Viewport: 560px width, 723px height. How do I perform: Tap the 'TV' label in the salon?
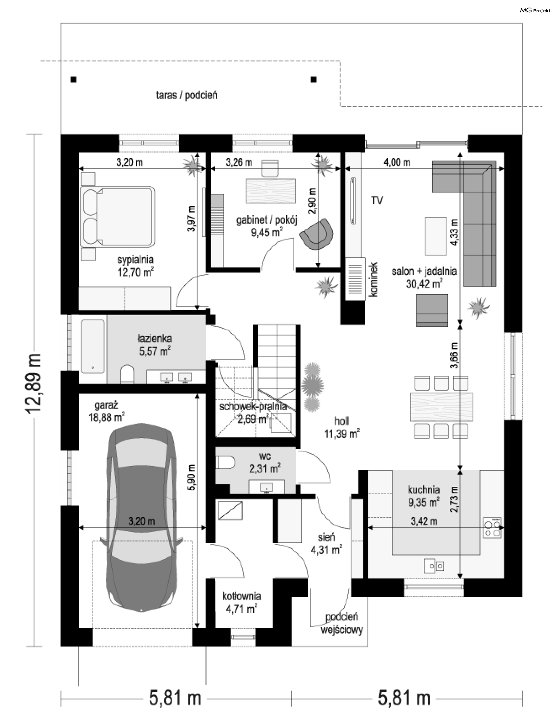[x=377, y=200]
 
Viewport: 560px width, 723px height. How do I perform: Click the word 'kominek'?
[x=374, y=280]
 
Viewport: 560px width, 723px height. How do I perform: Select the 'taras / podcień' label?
[x=187, y=96]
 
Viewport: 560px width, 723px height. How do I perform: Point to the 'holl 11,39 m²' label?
[x=342, y=427]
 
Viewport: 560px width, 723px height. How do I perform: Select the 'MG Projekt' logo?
[x=535, y=10]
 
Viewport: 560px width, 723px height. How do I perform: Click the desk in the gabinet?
[x=271, y=191]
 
